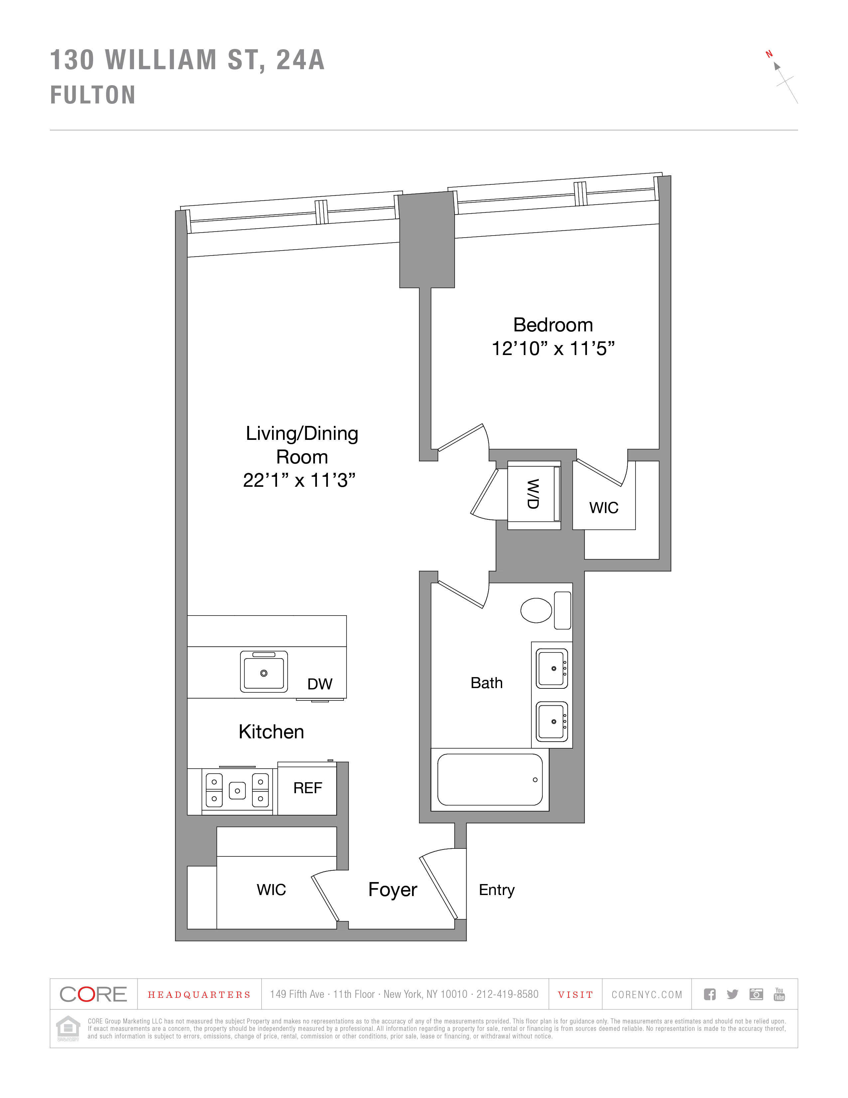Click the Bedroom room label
click(553, 325)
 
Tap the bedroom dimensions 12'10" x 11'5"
click(553, 348)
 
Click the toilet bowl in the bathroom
click(536, 610)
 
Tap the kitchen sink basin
click(264, 672)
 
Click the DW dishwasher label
click(320, 684)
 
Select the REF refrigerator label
click(308, 788)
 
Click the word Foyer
click(392, 889)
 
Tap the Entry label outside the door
click(496, 890)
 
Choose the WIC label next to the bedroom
click(603, 508)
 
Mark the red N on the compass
click(769, 54)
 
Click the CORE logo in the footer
click(93, 994)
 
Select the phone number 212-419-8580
click(507, 994)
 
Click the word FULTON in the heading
click(93, 95)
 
